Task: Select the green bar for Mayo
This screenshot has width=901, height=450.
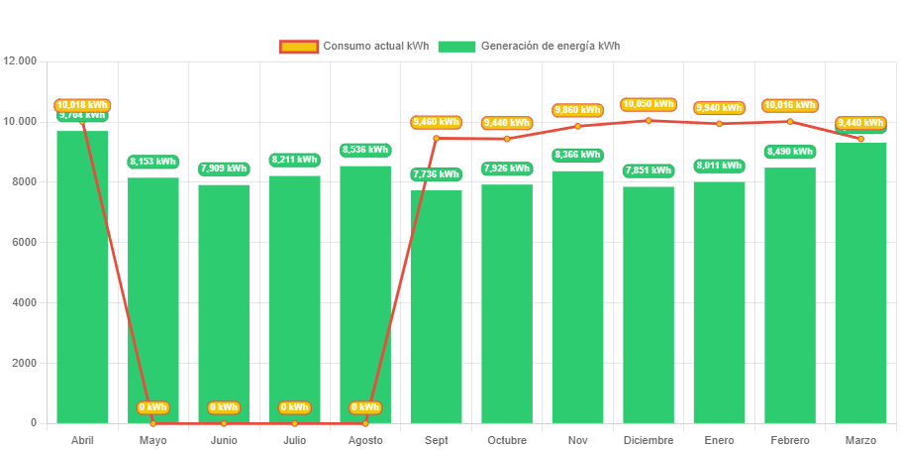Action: (152, 297)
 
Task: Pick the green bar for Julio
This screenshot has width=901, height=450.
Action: (294, 297)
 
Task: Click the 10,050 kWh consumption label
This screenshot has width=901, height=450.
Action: (649, 104)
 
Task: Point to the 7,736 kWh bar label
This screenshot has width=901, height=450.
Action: (436, 174)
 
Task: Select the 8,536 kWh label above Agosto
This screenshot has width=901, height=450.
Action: (365, 150)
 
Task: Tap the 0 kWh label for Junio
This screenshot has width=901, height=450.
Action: (224, 407)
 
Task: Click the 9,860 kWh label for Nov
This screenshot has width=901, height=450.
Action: (577, 110)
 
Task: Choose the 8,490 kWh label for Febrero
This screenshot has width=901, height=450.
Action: (789, 152)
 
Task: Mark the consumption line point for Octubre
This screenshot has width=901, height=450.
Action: (507, 139)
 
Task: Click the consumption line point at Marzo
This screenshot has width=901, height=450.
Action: (860, 139)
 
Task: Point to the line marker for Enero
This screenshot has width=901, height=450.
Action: (719, 124)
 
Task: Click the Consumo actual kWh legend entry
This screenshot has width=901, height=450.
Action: (353, 47)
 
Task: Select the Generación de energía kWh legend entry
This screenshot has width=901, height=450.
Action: (530, 47)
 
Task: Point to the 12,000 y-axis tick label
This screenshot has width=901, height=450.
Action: (20, 61)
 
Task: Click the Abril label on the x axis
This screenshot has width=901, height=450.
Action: (82, 439)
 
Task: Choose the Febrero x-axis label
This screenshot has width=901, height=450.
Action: (789, 439)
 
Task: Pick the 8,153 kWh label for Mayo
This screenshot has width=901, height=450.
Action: (152, 162)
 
